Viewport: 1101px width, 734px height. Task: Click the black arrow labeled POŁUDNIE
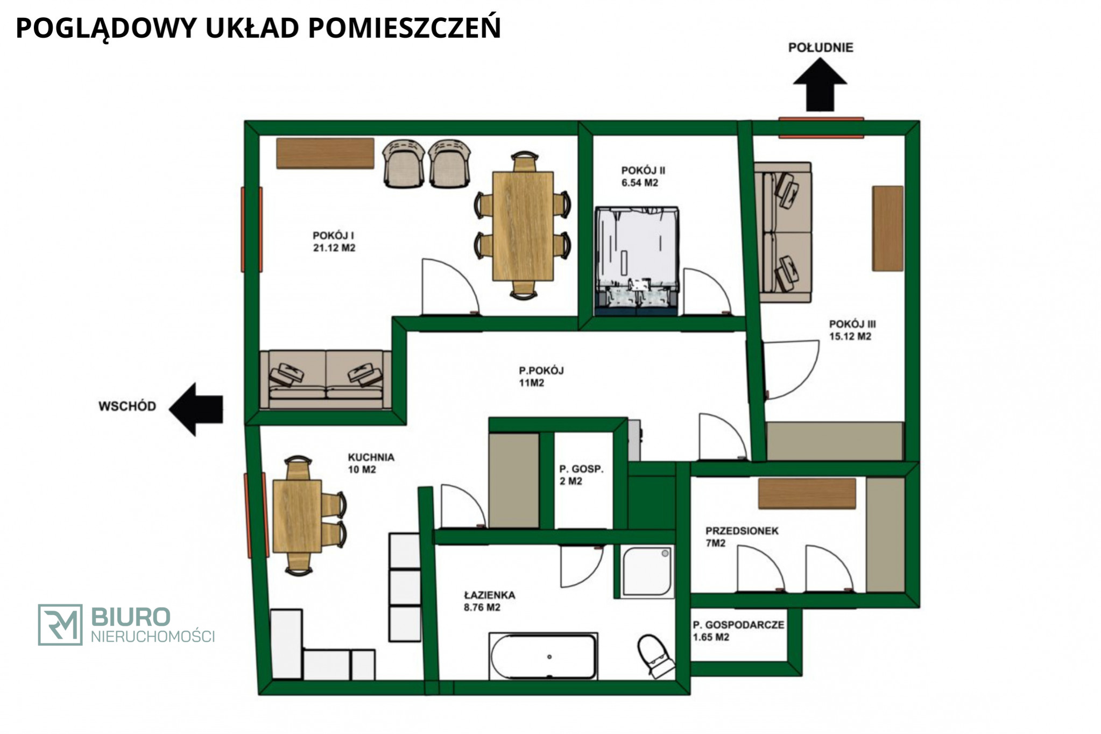(820, 85)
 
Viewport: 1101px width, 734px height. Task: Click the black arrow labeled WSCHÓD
(196, 410)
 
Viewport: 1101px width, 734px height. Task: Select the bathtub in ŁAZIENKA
(544, 656)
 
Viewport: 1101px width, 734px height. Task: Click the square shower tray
(647, 571)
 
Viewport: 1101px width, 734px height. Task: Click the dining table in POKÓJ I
(523, 226)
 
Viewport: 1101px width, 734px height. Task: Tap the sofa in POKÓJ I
(326, 379)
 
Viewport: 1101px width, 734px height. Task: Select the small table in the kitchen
(297, 516)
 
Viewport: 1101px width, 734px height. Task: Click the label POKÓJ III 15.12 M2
(852, 330)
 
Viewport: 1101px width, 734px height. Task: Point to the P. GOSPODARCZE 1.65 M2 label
(738, 631)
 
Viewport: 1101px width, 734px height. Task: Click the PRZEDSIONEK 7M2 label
(742, 537)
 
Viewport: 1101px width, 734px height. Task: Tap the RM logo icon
(60, 624)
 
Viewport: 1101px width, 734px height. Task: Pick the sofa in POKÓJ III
(782, 232)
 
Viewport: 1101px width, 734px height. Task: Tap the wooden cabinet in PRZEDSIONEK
(807, 493)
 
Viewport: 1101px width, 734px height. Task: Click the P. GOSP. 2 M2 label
(581, 475)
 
